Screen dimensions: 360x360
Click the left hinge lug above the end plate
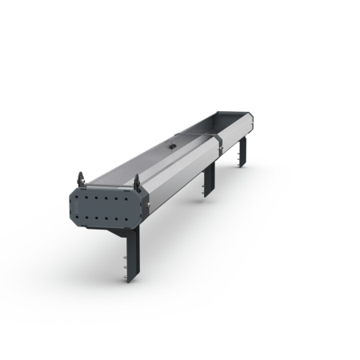(x=82, y=177)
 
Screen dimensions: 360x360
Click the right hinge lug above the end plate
(x=136, y=182)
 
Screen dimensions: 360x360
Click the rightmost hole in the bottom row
(x=134, y=219)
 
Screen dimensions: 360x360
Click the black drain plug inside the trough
(x=172, y=147)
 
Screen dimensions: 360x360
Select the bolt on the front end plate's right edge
(x=146, y=205)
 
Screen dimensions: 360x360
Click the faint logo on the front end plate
(x=108, y=206)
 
